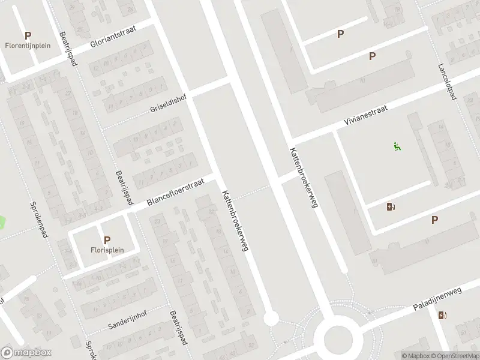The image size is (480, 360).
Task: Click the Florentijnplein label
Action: [x=28, y=46]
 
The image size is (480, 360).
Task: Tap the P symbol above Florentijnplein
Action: [x=28, y=35]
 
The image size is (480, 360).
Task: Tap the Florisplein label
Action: [x=107, y=250]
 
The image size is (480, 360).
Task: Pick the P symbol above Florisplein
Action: [x=107, y=239]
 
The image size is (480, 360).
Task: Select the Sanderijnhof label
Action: [x=128, y=319]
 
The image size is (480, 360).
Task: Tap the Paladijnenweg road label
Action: [x=437, y=299]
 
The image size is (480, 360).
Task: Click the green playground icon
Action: [x=397, y=146]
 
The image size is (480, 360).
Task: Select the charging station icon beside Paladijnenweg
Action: [x=442, y=315]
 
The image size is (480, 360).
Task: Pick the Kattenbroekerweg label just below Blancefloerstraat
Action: [x=234, y=220]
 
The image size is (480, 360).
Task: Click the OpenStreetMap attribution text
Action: [x=454, y=356]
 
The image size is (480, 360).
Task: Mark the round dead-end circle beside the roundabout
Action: [x=271, y=319]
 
